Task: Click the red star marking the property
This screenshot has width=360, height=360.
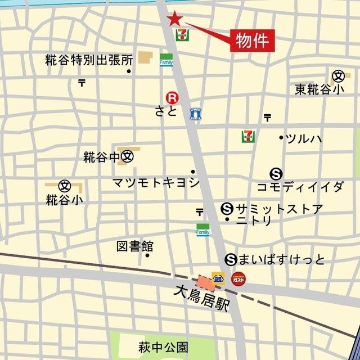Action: (x=175, y=19)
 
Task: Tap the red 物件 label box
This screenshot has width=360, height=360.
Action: (x=253, y=40)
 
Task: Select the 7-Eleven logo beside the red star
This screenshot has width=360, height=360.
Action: (x=182, y=35)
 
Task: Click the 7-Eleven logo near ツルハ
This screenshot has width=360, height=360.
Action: (x=247, y=136)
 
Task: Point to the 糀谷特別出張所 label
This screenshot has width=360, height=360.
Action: (x=89, y=60)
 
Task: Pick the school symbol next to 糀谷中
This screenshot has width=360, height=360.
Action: (x=128, y=156)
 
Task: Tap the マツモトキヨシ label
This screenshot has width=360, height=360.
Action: (x=156, y=182)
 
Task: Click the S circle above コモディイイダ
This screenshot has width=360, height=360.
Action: (x=276, y=174)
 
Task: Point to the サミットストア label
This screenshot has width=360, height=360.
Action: (x=280, y=209)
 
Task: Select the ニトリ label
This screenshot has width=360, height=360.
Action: (x=254, y=221)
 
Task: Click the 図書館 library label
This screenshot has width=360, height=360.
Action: (x=135, y=246)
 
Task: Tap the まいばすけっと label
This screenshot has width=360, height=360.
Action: (x=282, y=259)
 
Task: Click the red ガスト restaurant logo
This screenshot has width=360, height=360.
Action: (x=238, y=278)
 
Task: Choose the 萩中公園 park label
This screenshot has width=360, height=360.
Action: (x=163, y=346)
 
